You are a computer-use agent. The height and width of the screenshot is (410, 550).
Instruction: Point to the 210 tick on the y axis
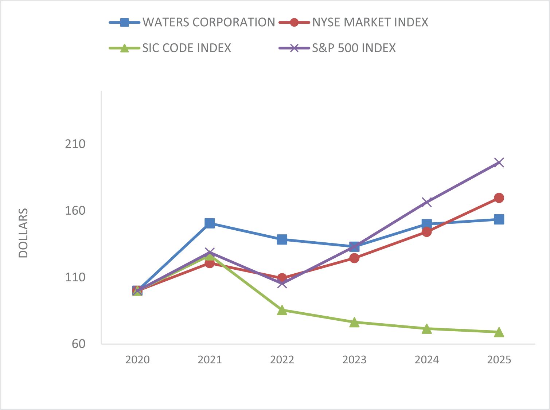pyautogui.click(x=75, y=144)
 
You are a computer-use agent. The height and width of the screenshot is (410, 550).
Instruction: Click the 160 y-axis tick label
pyautogui.click(x=75, y=211)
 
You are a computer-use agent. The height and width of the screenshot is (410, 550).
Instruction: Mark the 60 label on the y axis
pyautogui.click(x=78, y=344)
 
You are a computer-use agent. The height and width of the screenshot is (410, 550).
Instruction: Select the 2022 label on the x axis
pyautogui.click(x=282, y=360)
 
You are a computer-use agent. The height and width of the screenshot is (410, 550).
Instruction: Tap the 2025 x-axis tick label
pyautogui.click(x=499, y=360)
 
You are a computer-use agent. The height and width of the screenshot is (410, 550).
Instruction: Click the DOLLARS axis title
pyautogui.click(x=23, y=233)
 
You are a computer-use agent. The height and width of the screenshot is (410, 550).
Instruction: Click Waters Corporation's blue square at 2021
pyautogui.click(x=210, y=223)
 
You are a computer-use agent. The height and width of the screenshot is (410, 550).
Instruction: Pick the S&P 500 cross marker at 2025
pyautogui.click(x=499, y=163)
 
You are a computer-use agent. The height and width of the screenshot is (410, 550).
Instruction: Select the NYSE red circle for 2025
pyautogui.click(x=499, y=198)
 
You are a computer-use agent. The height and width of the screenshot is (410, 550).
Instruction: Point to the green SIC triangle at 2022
pyautogui.click(x=282, y=310)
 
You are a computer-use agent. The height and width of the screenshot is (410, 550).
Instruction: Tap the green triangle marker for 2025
pyautogui.click(x=499, y=332)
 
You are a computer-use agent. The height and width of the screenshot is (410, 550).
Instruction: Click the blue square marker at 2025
pyautogui.click(x=499, y=219)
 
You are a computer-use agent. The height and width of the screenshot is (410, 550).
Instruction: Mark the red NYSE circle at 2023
pyautogui.click(x=354, y=258)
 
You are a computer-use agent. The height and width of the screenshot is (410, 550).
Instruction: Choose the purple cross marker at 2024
pyautogui.click(x=427, y=202)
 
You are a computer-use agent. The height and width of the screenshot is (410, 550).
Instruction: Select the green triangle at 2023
pyautogui.click(x=354, y=323)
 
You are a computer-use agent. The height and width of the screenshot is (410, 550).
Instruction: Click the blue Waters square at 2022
pyautogui.click(x=282, y=239)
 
